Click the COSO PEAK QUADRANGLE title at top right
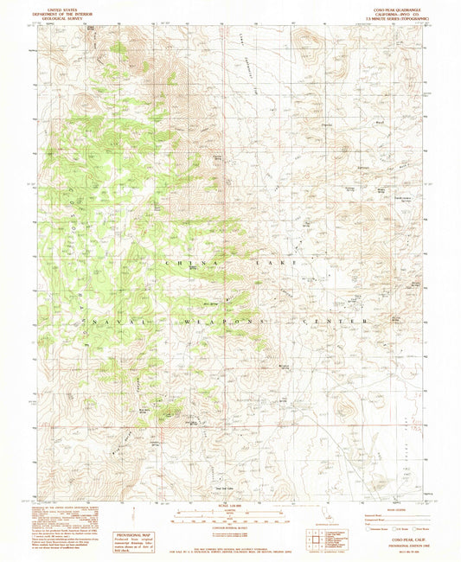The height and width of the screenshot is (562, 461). tap(396, 4)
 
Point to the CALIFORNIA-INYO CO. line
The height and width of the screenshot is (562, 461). tap(396, 10)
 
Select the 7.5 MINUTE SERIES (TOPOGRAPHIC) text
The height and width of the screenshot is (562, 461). tap(396, 15)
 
